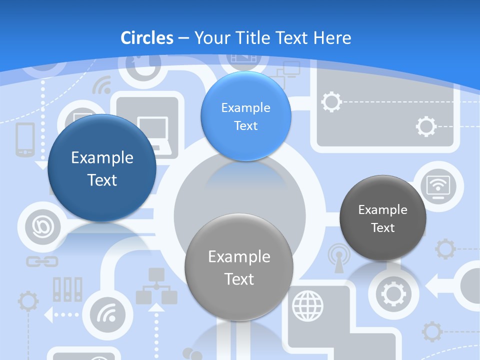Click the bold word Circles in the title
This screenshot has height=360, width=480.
pyautogui.click(x=147, y=38)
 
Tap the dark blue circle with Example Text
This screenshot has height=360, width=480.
pyautogui.click(x=102, y=168)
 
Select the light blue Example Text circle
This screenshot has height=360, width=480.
pyautogui.click(x=245, y=116)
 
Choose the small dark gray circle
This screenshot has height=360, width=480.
pyautogui.click(x=383, y=218)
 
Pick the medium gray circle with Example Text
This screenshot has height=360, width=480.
pyautogui.click(x=239, y=267)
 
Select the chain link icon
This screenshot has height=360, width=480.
pyautogui.click(x=42, y=261)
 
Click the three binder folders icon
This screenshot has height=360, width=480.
pyautogui.click(x=67, y=289)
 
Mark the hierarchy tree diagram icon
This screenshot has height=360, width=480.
pyautogui.click(x=156, y=285)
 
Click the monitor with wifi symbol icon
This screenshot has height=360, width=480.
pyautogui.click(x=437, y=187)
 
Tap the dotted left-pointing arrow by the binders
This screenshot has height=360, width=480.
pyautogui.click(x=50, y=315)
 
